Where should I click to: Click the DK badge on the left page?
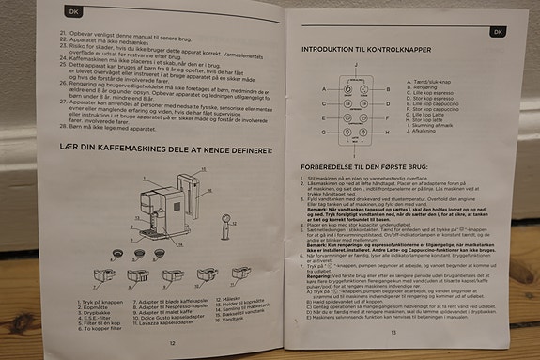pyautogui.click(x=62, y=14)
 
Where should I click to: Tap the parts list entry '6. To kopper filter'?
pyautogui.click(x=75, y=328)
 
